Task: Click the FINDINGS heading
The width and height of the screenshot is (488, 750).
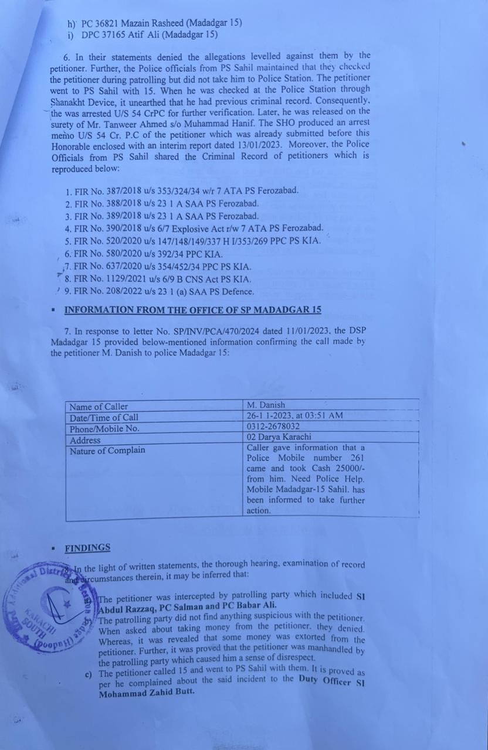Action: click(87, 548)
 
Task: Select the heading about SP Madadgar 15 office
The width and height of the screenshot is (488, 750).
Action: click(192, 310)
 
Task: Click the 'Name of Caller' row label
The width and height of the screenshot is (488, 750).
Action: click(99, 407)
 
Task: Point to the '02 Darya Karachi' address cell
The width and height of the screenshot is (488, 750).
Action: click(279, 437)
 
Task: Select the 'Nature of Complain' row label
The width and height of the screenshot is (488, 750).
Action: click(107, 451)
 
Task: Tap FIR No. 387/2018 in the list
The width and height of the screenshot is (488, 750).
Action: click(182, 190)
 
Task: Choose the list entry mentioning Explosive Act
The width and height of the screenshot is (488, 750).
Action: click(194, 229)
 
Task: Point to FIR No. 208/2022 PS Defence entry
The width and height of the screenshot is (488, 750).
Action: click(159, 291)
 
